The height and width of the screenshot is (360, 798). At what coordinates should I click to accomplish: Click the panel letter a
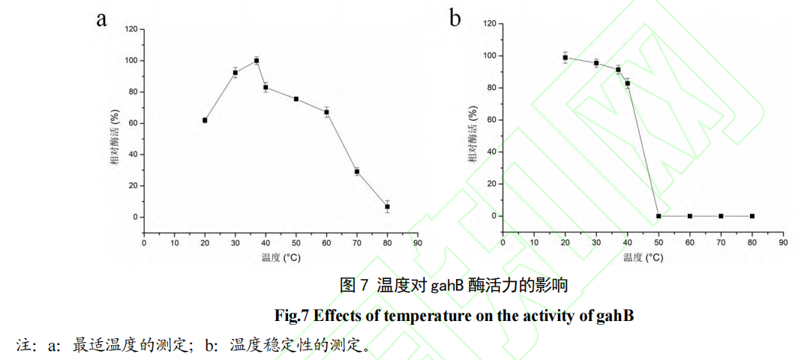click(101, 19)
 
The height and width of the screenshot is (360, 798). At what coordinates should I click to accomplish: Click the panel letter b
click(455, 18)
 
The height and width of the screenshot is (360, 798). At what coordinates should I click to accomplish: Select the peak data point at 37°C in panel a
click(256, 60)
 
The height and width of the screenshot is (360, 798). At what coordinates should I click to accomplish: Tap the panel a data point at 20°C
click(205, 120)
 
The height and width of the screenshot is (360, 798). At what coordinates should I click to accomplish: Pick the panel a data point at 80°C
click(387, 206)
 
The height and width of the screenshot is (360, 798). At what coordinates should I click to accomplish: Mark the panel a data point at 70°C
click(357, 172)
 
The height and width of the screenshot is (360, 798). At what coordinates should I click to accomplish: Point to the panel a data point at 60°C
click(326, 112)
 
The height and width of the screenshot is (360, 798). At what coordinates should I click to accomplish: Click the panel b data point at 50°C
click(658, 216)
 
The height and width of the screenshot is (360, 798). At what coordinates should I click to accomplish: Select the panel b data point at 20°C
click(565, 58)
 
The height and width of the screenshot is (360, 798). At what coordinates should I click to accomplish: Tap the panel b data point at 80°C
click(751, 216)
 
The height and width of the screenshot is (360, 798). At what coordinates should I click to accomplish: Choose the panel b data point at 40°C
click(628, 83)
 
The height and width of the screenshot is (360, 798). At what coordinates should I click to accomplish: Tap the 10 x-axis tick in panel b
click(534, 242)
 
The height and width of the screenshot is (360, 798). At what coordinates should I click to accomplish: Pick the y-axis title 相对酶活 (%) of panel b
click(472, 136)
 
